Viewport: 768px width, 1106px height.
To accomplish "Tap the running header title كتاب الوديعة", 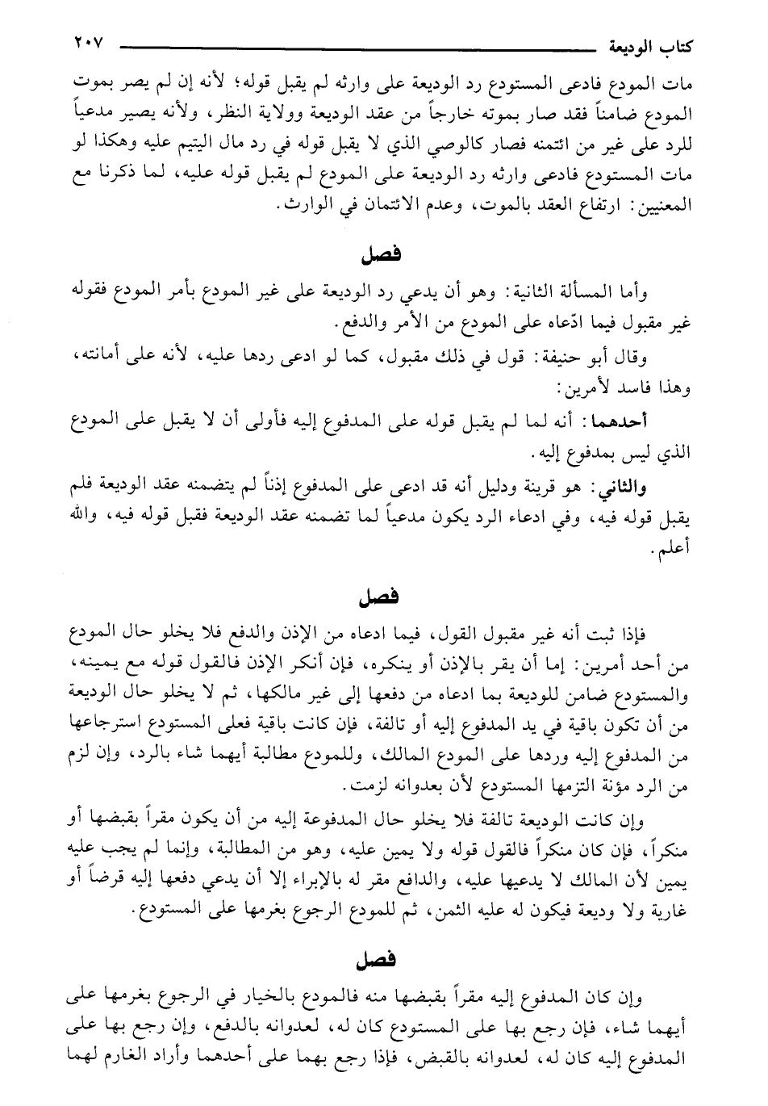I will pos(653,44).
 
